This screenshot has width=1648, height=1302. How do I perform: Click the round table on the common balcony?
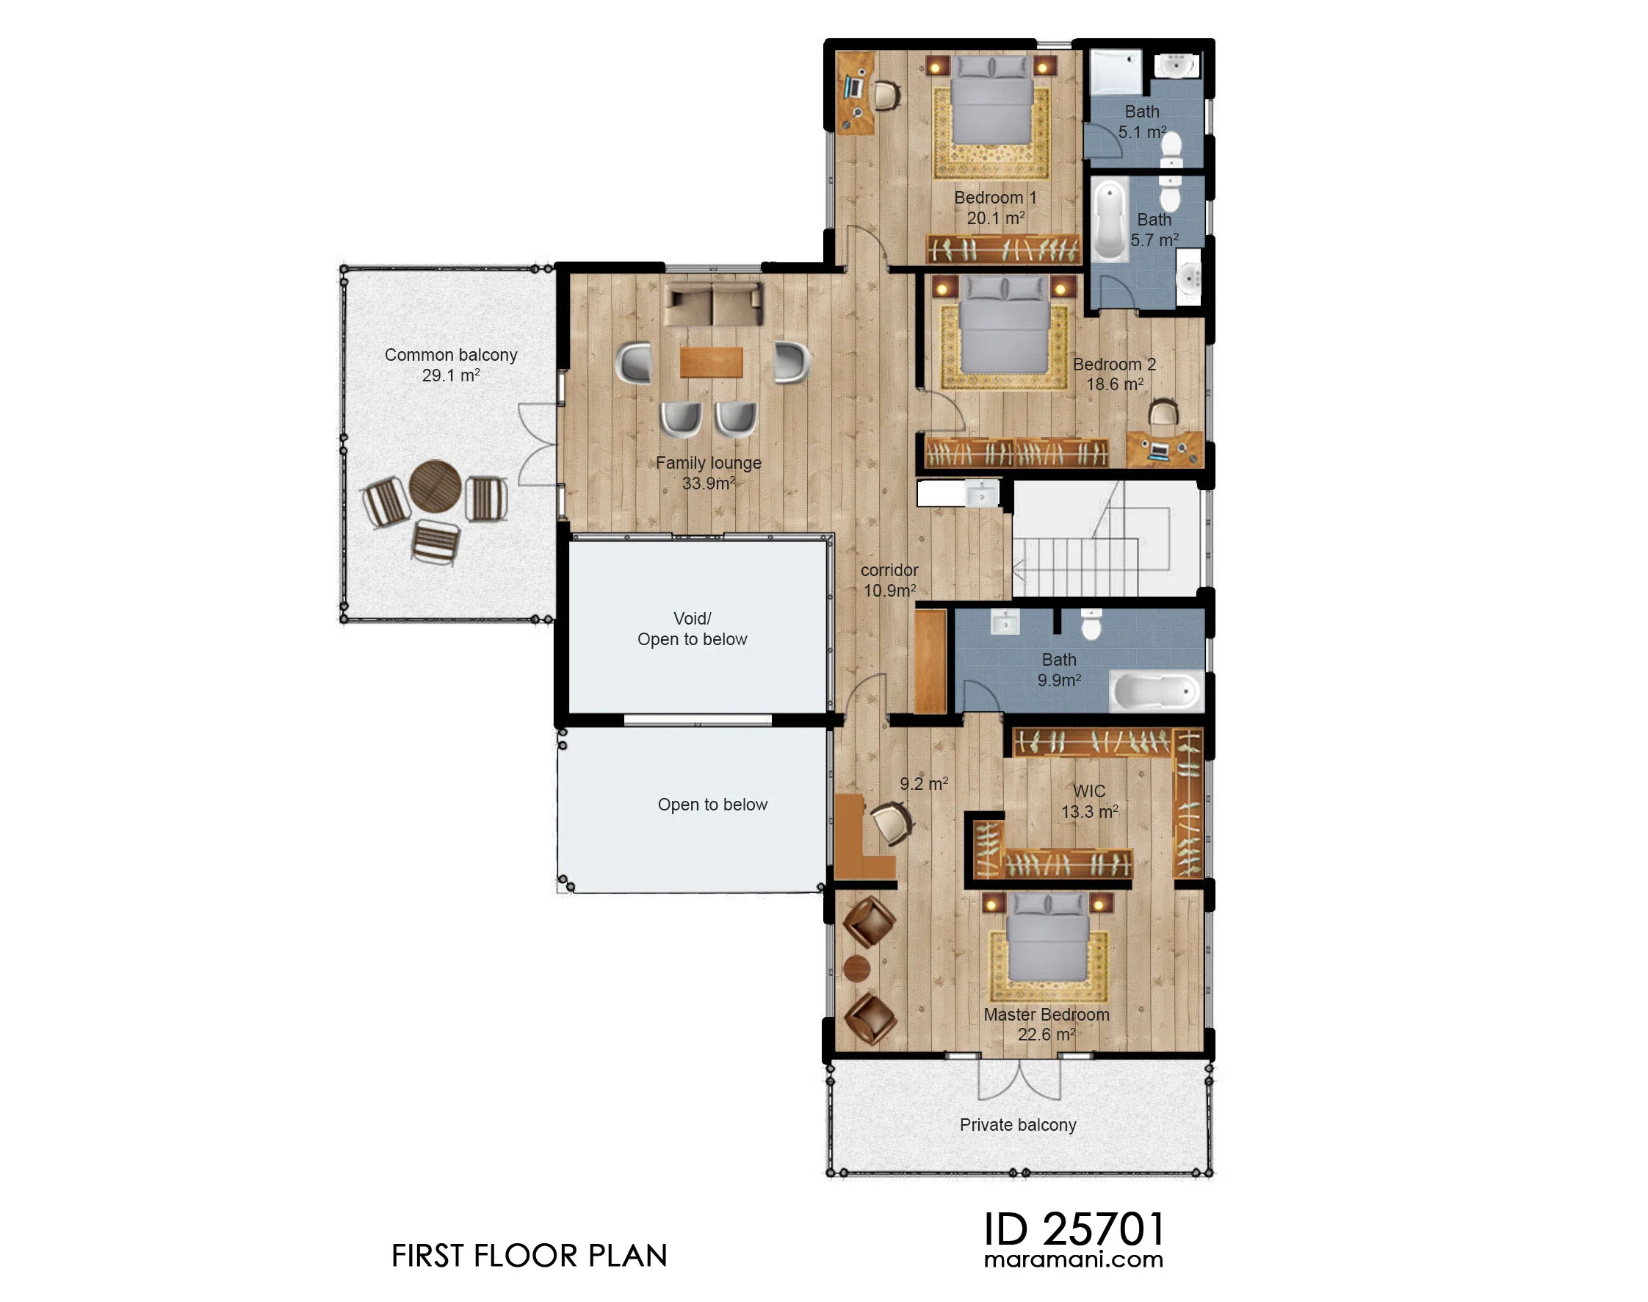click(435, 486)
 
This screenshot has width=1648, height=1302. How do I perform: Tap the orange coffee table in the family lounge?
click(711, 362)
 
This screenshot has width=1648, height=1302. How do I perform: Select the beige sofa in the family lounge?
click(712, 304)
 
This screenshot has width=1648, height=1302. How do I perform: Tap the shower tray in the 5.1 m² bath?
click(1116, 73)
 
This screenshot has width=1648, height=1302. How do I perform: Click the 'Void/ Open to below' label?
click(692, 629)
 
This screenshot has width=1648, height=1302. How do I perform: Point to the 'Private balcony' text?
click(1018, 1124)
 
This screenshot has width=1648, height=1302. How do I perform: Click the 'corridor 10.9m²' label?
click(889, 580)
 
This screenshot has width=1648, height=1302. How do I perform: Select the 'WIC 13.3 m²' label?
click(1090, 801)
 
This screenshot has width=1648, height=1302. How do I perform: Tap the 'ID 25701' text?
click(1074, 1229)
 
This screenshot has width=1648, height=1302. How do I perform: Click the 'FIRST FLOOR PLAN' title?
click(529, 1256)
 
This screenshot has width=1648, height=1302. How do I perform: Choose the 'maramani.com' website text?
click(1074, 1260)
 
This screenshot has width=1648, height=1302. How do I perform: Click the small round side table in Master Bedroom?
click(857, 968)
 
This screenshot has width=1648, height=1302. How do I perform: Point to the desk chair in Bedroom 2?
click(1163, 413)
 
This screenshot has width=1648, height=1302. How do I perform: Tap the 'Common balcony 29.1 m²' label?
click(451, 365)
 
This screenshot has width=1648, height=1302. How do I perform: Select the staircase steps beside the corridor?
click(1076, 567)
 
